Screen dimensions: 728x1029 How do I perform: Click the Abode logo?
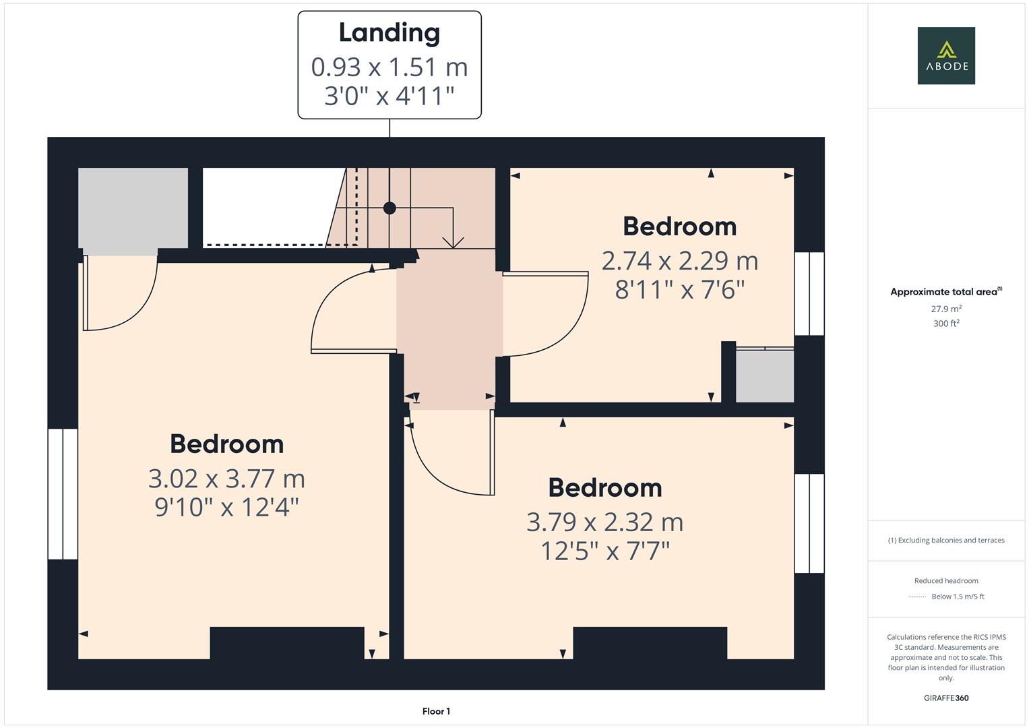click(946, 56)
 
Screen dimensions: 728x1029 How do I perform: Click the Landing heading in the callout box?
click(389, 32)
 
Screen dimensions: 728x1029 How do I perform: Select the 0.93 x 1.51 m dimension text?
click(389, 67)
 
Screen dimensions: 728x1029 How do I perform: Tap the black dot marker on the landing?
click(389, 208)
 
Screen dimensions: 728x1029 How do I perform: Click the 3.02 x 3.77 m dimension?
click(226, 479)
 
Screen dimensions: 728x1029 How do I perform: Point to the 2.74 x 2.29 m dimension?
click(679, 261)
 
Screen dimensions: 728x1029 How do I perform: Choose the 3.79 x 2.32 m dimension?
click(604, 522)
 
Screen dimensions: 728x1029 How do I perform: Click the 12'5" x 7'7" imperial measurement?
click(604, 551)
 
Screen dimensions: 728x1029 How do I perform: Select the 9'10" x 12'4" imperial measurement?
click(226, 507)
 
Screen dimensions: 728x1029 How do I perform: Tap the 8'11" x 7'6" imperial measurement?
click(679, 290)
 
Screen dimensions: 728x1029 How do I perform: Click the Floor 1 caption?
click(436, 711)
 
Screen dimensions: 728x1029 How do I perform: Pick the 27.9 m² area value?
click(946, 309)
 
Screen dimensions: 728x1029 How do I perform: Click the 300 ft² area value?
click(946, 324)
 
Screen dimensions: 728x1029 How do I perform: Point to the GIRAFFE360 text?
click(946, 698)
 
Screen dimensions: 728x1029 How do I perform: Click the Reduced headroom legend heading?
click(946, 580)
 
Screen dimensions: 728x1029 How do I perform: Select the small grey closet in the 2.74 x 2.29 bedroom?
click(764, 375)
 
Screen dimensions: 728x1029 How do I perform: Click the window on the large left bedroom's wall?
click(63, 494)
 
